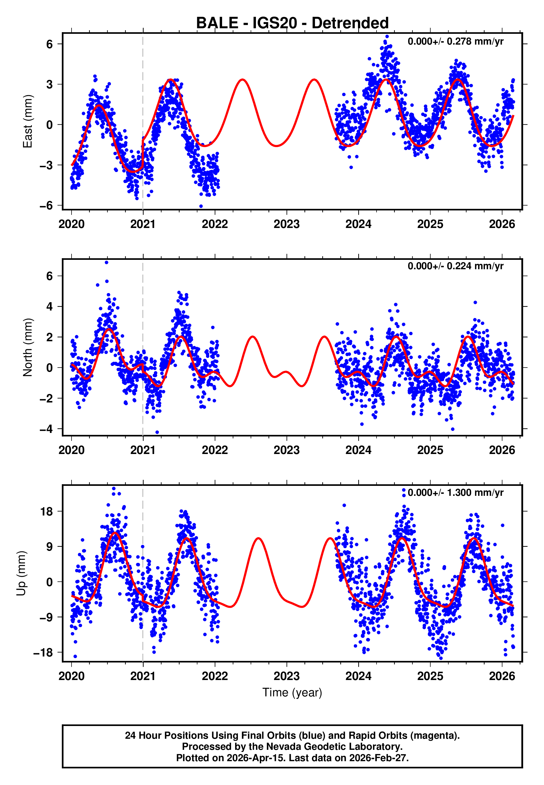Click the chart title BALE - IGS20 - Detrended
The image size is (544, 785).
click(292, 23)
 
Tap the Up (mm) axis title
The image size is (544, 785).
click(21, 573)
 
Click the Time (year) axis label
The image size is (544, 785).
click(292, 692)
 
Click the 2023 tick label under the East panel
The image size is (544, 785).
click(286, 224)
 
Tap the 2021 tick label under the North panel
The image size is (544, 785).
click(143, 450)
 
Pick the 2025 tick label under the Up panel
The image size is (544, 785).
click(430, 676)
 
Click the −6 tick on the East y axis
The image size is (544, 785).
click(46, 206)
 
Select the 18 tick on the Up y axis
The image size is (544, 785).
click(47, 512)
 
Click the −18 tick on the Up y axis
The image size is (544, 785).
click(43, 653)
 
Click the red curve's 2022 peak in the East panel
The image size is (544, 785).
click(242, 80)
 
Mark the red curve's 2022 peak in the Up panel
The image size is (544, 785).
click(258, 538)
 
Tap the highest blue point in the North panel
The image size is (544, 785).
click(107, 263)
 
